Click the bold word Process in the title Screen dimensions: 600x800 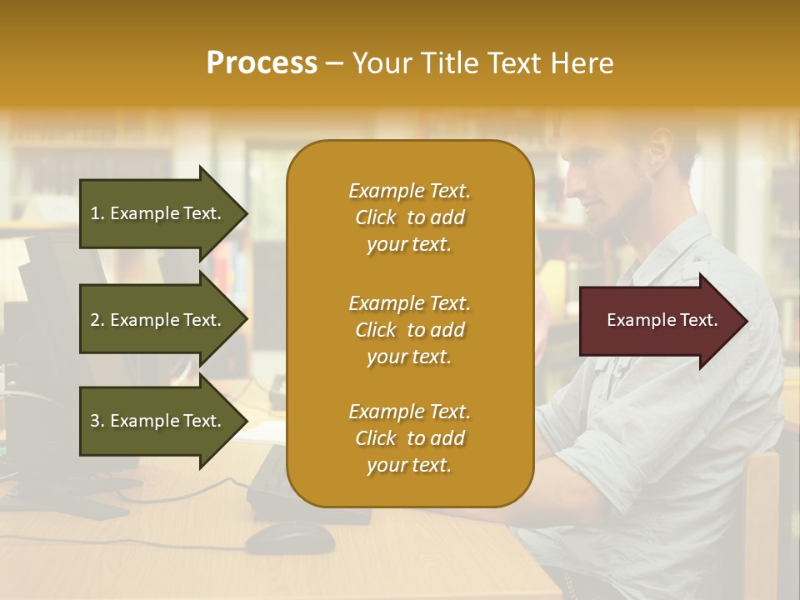(262, 63)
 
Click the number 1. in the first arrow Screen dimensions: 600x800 (97, 213)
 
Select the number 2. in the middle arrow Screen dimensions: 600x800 (97, 320)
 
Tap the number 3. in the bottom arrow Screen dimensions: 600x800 (97, 421)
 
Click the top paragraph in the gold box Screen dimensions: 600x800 (409, 217)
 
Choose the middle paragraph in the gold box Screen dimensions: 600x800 (409, 330)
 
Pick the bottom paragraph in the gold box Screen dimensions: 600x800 (409, 438)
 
